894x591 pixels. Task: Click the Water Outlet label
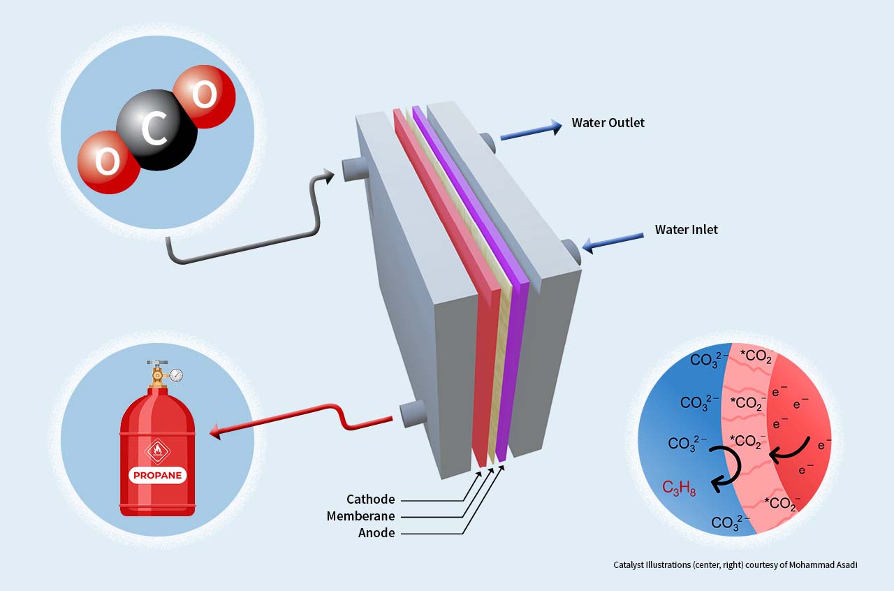point(608,123)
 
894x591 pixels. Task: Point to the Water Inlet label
point(686,230)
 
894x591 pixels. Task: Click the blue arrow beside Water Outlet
point(531,131)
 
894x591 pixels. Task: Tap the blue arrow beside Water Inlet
point(613,242)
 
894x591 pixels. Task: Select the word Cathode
point(370,499)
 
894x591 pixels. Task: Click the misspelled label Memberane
point(360,516)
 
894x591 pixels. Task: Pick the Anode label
point(376,533)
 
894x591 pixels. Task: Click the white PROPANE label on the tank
point(157,476)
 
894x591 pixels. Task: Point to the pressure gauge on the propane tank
point(176,375)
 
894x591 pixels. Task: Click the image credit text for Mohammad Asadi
point(735,564)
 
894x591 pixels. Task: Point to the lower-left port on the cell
point(413,414)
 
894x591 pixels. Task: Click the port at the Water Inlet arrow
point(571,252)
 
